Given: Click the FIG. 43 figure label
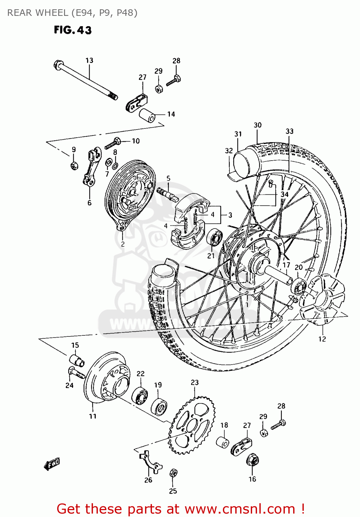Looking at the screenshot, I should point(73,30).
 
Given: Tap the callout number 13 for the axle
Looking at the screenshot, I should point(89,60).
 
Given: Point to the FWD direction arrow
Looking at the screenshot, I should point(52,464).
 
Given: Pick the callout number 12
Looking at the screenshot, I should point(322,339).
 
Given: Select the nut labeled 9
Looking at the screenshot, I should point(74,166).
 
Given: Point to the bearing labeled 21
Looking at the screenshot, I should point(214,237).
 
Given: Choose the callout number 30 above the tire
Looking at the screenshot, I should point(258,125).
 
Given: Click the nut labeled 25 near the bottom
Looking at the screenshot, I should point(174,473).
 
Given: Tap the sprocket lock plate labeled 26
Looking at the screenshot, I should point(151,462).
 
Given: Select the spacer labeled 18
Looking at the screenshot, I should point(223,442).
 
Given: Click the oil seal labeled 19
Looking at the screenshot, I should point(159,407).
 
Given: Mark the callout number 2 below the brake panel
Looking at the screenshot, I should point(123,244).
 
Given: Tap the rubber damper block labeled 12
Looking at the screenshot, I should point(320,300).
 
